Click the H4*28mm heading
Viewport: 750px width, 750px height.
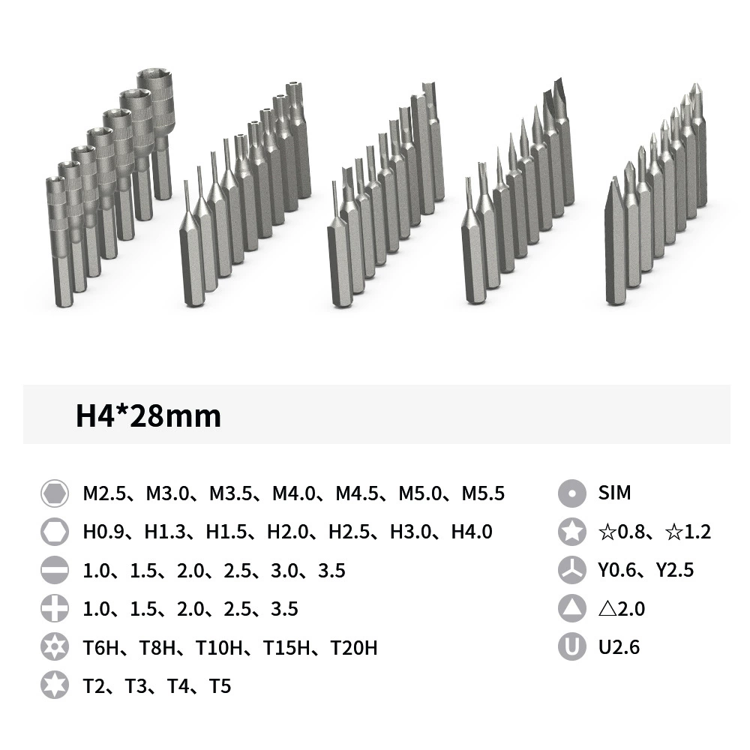(x=148, y=415)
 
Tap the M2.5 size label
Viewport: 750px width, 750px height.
(x=103, y=493)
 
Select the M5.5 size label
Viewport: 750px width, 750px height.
(x=483, y=493)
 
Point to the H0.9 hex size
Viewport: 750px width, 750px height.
(x=103, y=532)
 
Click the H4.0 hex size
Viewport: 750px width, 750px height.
(x=472, y=532)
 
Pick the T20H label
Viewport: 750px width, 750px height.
(x=354, y=648)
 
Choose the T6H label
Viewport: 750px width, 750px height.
(x=101, y=648)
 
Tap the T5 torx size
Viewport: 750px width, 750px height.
(x=220, y=686)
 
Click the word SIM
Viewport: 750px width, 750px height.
(x=614, y=493)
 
